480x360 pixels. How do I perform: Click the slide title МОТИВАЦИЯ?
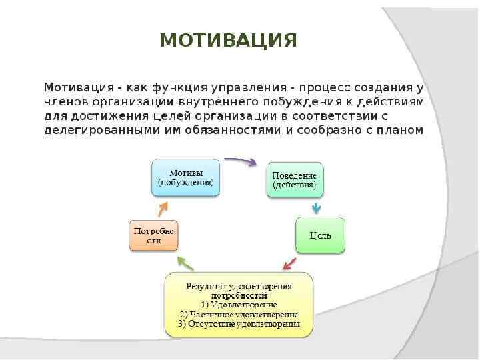point(229,40)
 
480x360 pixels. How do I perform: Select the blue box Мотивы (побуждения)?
point(186,177)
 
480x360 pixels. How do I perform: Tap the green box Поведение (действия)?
point(295,179)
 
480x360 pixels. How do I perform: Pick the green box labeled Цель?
point(320,235)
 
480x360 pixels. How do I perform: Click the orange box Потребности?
point(153,235)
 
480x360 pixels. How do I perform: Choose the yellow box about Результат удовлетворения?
point(239,305)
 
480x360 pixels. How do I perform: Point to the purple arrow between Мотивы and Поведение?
point(240,161)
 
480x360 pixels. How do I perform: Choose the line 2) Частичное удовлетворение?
point(239,314)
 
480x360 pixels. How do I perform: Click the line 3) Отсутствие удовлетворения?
point(239,324)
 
